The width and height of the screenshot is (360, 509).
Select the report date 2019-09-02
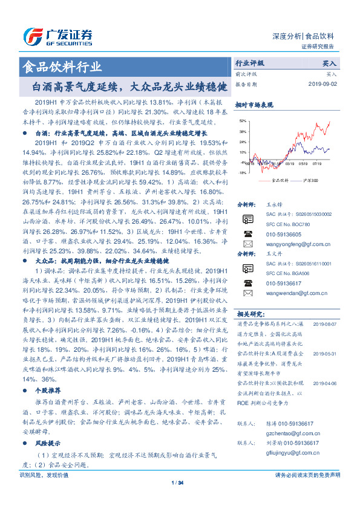[x=324, y=84]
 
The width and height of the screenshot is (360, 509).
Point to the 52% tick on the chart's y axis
[x=242, y=121]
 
